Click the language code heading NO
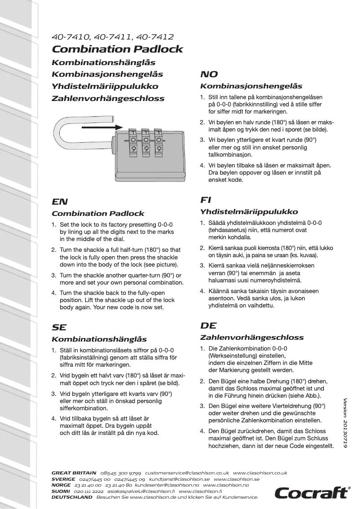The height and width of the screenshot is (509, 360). pos(209,75)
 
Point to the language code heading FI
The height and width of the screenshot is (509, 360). pos(206,200)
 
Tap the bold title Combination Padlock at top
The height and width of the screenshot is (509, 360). pos(118,49)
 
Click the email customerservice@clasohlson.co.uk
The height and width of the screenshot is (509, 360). pos(187,473)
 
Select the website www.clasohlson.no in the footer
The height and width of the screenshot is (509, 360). pos(226,485)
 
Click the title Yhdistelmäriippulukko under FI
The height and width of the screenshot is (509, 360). pos(249,212)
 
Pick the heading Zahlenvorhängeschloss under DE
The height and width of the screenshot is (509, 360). pos(251,338)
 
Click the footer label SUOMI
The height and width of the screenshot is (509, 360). pos(61,491)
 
